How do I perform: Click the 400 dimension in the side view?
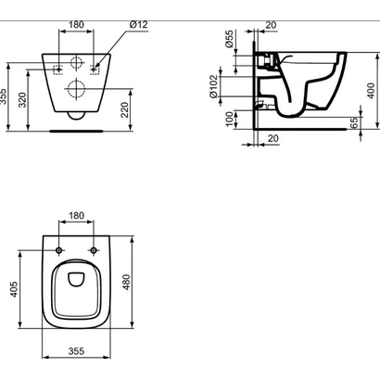pos(371,91)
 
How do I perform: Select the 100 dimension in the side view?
pos(229,119)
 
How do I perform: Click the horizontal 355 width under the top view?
pos(77,352)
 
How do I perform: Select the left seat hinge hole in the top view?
pos(60,251)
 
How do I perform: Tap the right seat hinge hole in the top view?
pos(94,251)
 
